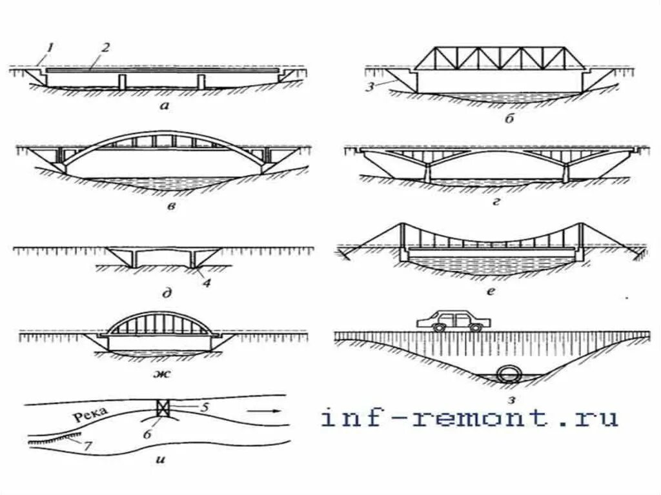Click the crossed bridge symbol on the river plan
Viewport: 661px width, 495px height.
click(163, 408)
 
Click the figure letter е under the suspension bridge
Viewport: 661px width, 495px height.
click(492, 291)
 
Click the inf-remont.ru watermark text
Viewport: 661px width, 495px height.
click(469, 418)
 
